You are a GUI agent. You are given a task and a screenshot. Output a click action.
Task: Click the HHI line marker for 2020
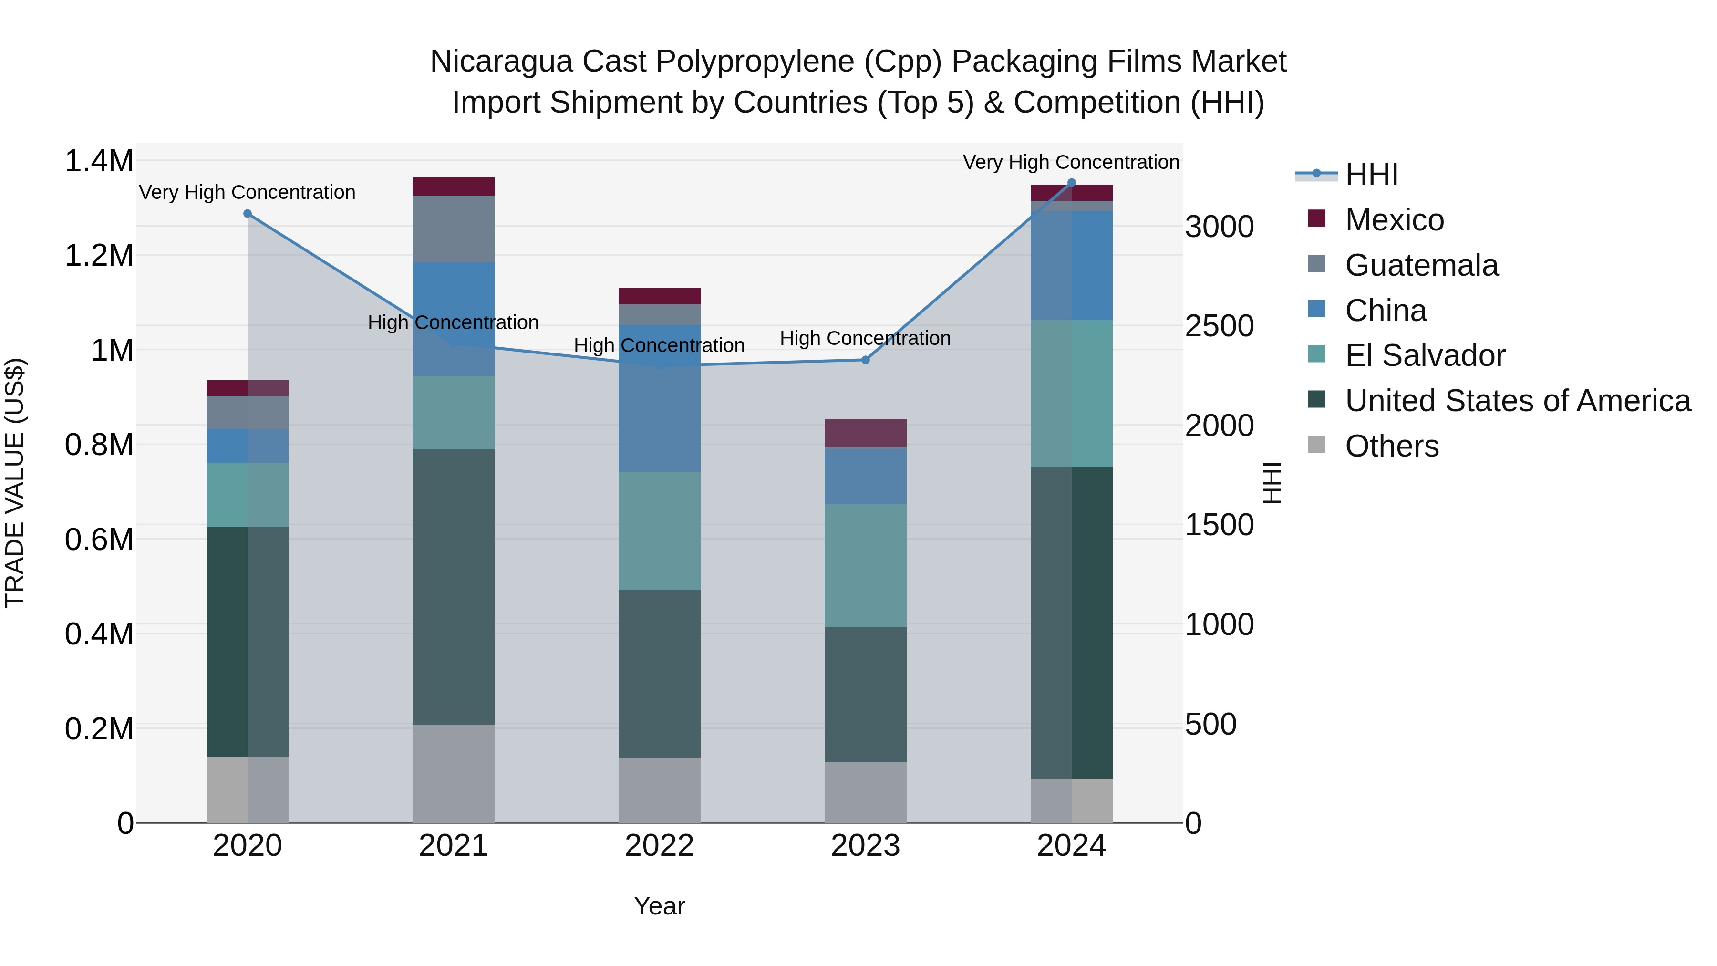(x=247, y=213)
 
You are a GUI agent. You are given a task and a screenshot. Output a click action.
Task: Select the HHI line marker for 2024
(x=1071, y=182)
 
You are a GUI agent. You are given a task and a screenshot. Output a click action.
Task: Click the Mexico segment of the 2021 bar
(x=453, y=186)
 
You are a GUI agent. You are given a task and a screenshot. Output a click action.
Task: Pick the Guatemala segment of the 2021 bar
(x=453, y=229)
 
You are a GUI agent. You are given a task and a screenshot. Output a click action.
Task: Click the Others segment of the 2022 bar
(x=659, y=789)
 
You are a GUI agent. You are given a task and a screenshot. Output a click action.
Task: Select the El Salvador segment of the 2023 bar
(x=865, y=565)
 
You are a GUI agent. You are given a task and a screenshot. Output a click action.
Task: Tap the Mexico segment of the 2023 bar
(x=865, y=433)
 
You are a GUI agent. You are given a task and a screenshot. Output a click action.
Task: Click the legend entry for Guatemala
(x=1421, y=265)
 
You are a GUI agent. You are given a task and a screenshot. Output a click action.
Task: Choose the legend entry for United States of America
(x=1517, y=401)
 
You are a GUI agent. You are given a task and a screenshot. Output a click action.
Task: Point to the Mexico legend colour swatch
(x=1316, y=218)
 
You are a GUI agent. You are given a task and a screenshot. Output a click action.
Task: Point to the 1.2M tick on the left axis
(x=99, y=255)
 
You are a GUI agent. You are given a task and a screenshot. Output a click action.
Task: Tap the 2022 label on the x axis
(x=659, y=846)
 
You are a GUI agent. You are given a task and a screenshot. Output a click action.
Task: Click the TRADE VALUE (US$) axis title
(x=15, y=483)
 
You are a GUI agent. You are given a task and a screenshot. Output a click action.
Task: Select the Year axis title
(x=659, y=906)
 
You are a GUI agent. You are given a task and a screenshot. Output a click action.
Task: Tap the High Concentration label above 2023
(x=865, y=338)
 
